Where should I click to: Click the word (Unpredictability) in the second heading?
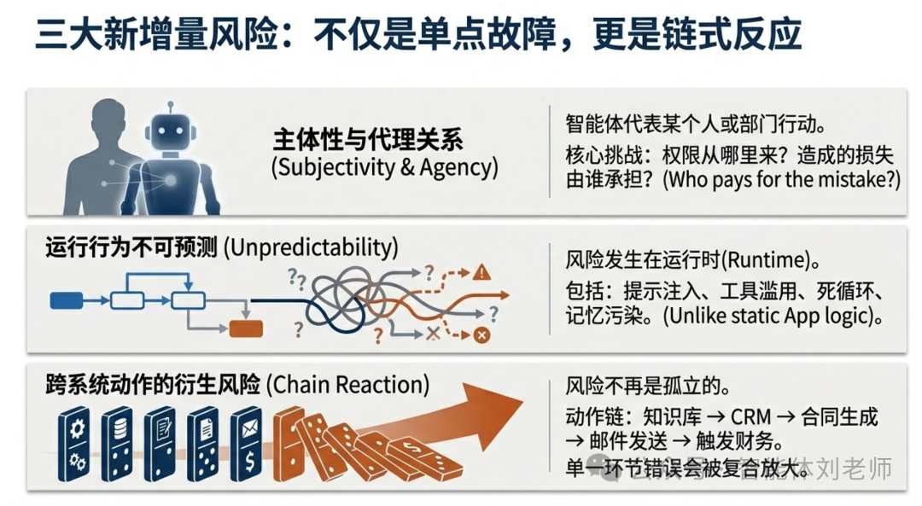pos(311,247)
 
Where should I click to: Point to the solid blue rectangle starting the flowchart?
pos(67,300)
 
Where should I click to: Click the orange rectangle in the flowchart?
pos(247,329)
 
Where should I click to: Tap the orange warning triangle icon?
pos(482,273)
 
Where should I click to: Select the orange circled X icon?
pos(481,335)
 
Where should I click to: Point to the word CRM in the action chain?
pos(750,417)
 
